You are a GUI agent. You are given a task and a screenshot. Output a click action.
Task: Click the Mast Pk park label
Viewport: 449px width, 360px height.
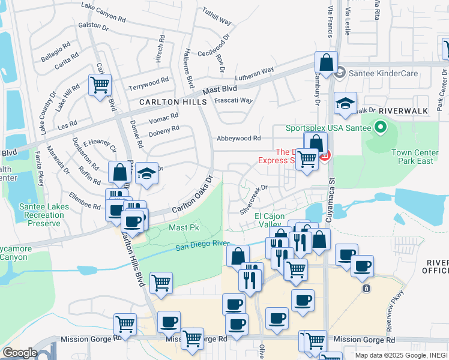[184, 228]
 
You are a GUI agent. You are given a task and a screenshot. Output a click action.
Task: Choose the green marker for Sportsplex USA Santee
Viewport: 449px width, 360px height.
[379, 127]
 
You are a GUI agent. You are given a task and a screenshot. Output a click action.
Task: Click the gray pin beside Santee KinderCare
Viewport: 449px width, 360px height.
[340, 73]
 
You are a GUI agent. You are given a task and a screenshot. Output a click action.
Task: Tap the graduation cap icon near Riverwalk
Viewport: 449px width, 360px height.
[346, 104]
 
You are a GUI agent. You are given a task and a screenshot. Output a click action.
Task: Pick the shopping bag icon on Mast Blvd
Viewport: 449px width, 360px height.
[325, 63]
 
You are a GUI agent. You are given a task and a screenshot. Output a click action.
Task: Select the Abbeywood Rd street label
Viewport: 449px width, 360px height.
[239, 138]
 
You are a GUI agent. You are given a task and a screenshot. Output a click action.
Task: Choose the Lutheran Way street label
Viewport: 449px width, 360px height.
[254, 74]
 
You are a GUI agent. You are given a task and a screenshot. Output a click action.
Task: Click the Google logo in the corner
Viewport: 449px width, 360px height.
[19, 353]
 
